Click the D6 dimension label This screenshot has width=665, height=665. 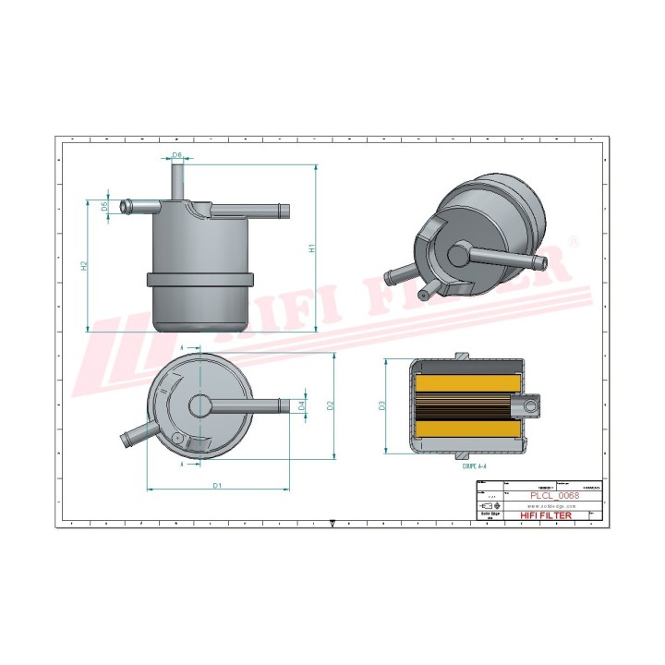coord(177,155)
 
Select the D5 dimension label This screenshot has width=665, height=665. coord(105,207)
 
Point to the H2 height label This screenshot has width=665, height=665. coord(84,265)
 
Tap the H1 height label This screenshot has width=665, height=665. coord(312,248)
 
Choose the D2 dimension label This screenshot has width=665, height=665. coord(330,405)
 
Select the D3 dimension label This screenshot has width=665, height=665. coord(381,405)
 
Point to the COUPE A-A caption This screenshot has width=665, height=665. coord(473,468)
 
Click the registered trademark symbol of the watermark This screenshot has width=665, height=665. coord(573,243)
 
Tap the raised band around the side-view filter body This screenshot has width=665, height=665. coord(199,280)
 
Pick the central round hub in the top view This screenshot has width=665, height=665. coord(200,405)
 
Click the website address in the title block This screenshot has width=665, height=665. coord(552,505)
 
